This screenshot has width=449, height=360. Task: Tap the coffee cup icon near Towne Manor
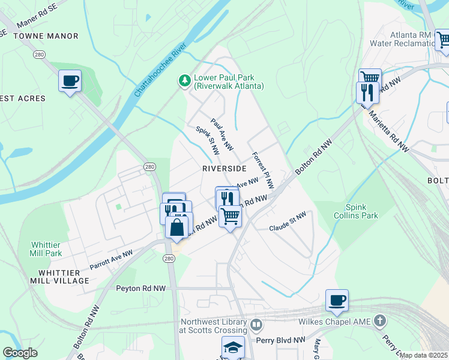[x=70, y=80]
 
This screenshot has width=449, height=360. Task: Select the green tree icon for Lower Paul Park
[x=185, y=80]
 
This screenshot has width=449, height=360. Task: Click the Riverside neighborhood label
[x=224, y=169]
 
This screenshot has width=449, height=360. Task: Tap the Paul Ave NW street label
[x=221, y=134]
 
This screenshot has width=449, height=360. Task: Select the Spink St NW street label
[x=207, y=143]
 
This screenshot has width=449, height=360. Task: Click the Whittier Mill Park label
[x=46, y=249]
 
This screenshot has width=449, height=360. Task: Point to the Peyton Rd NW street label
[x=140, y=289]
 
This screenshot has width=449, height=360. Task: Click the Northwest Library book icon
[x=256, y=325]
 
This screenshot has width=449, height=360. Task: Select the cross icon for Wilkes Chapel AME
[x=379, y=321]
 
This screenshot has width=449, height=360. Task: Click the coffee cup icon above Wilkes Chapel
[x=337, y=300]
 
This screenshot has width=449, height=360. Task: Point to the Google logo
[x=20, y=353]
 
